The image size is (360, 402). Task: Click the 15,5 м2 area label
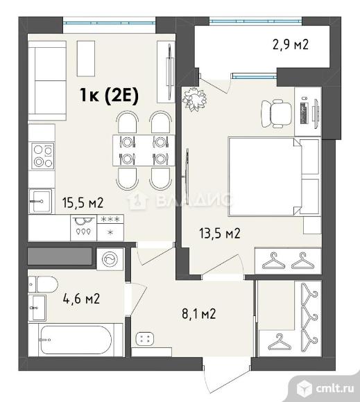pyautogui.click(x=83, y=203)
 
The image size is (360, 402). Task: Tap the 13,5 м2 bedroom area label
pyautogui.click(x=220, y=234)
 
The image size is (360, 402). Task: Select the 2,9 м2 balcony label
pyautogui.click(x=290, y=44)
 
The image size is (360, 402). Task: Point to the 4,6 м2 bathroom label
pyautogui.click(x=81, y=299)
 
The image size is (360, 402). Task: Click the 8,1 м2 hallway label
pyautogui.click(x=199, y=313)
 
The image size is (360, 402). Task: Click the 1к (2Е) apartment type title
pyautogui.click(x=110, y=95)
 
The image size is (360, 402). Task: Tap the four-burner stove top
pyautogui.click(x=43, y=156)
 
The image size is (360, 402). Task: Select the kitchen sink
pyautogui.click(x=40, y=201)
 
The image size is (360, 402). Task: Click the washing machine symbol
pyautogui.click(x=110, y=259)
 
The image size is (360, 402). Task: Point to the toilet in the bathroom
pyautogui.click(x=43, y=284)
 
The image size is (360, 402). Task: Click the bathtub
pyautogui.click(x=75, y=340)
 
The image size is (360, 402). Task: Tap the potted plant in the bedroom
pyautogui.click(x=194, y=99)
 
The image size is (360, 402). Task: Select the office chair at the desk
pyautogui.click(x=276, y=113)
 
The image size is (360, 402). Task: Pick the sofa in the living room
pyautogui.click(x=47, y=80)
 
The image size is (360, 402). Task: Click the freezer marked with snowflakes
pyautogui.click(x=110, y=227)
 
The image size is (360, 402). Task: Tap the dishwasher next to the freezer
pyautogui.click(x=84, y=227)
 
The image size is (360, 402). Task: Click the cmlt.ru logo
pyautogui.click(x=325, y=388)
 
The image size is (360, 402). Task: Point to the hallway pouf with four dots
pyautogui.click(x=145, y=338)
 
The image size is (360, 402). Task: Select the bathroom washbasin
pyautogui.click(x=37, y=308)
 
